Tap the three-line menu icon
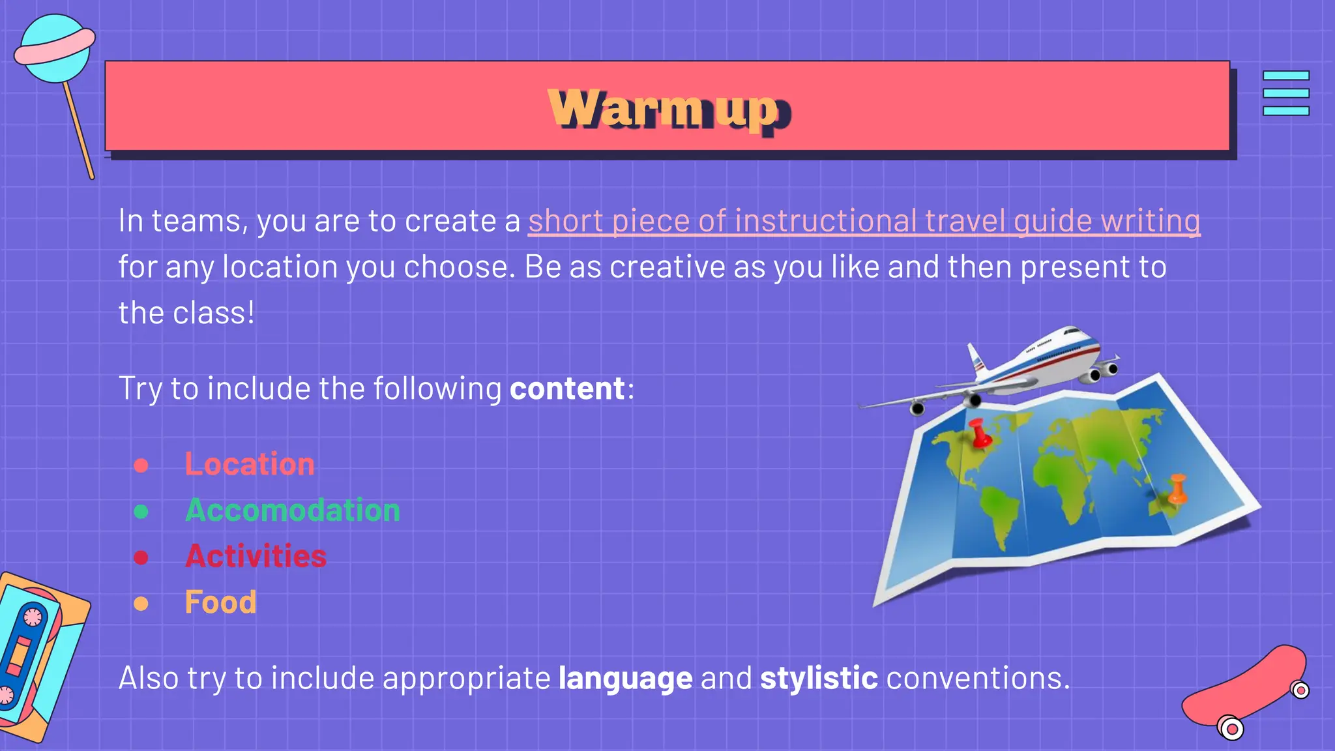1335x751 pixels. pyautogui.click(x=1285, y=93)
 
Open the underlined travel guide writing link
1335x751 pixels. pyautogui.click(x=864, y=221)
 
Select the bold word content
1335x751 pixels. pyautogui.click(x=566, y=389)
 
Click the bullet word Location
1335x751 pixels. pyautogui.click(x=250, y=464)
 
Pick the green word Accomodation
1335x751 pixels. pyautogui.click(x=293, y=510)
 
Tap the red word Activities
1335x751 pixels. pyautogui.click(x=256, y=556)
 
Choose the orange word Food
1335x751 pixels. pyautogui.click(x=220, y=602)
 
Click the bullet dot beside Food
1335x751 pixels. pyautogui.click(x=141, y=604)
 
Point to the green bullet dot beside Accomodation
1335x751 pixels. pyautogui.click(x=141, y=511)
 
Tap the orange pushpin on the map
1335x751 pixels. pyautogui.click(x=1177, y=489)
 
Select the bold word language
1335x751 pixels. pyautogui.click(x=625, y=679)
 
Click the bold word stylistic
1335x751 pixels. pyautogui.click(x=819, y=679)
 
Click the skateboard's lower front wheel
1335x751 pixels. pyautogui.click(x=1231, y=728)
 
